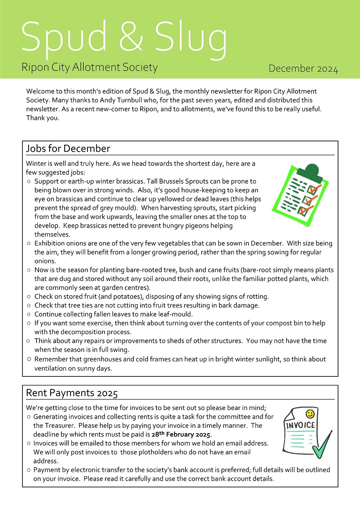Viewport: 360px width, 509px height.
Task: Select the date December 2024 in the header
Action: click(x=303, y=69)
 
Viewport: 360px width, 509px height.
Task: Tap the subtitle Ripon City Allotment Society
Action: click(x=90, y=67)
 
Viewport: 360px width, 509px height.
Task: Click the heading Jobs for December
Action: click(x=68, y=148)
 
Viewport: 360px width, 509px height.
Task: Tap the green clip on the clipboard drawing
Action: click(x=309, y=170)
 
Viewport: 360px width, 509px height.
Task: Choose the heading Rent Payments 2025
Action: click(x=72, y=393)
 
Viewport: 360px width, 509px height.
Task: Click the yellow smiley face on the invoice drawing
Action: click(x=309, y=414)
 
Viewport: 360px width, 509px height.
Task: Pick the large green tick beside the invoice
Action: click(x=323, y=446)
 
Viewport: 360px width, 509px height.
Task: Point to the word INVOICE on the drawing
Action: click(x=300, y=425)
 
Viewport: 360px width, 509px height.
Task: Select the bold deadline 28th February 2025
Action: click(x=181, y=435)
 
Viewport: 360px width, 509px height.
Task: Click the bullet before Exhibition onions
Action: click(x=29, y=244)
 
